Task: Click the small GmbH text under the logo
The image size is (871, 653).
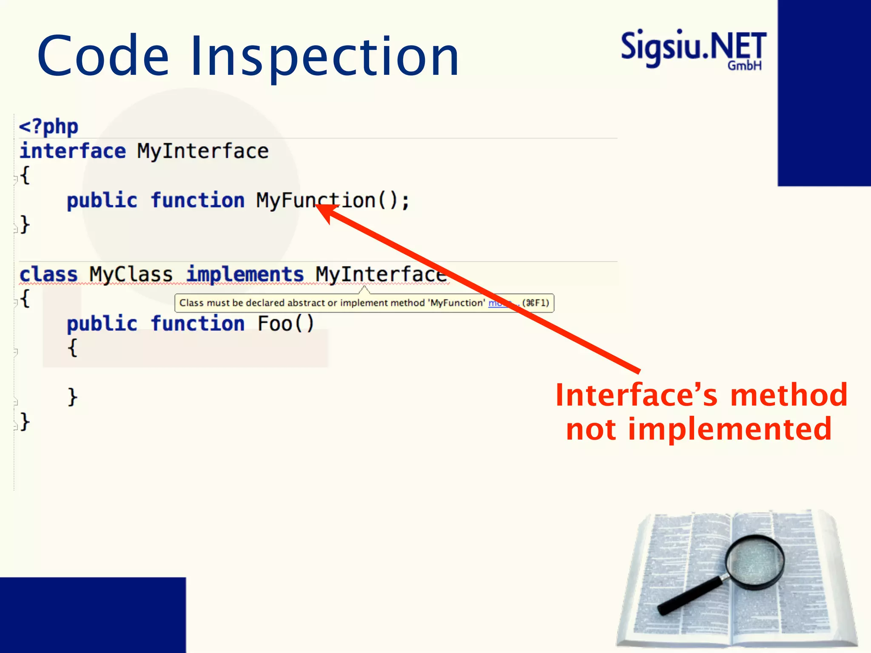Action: [744, 65]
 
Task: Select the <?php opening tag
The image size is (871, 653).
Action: [48, 127]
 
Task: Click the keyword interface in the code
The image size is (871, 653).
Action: [73, 151]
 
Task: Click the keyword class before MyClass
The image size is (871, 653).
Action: [48, 274]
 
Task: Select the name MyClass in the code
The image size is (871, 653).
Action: [131, 274]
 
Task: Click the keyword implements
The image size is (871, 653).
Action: [245, 274]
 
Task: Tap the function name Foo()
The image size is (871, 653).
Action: [285, 324]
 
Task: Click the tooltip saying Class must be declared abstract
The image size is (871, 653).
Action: [332, 303]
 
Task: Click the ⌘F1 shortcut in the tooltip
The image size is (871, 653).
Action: [535, 303]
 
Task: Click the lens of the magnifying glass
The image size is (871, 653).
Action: [755, 562]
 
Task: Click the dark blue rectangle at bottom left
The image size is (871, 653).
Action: [93, 615]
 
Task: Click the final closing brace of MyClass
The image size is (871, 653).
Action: [25, 422]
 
